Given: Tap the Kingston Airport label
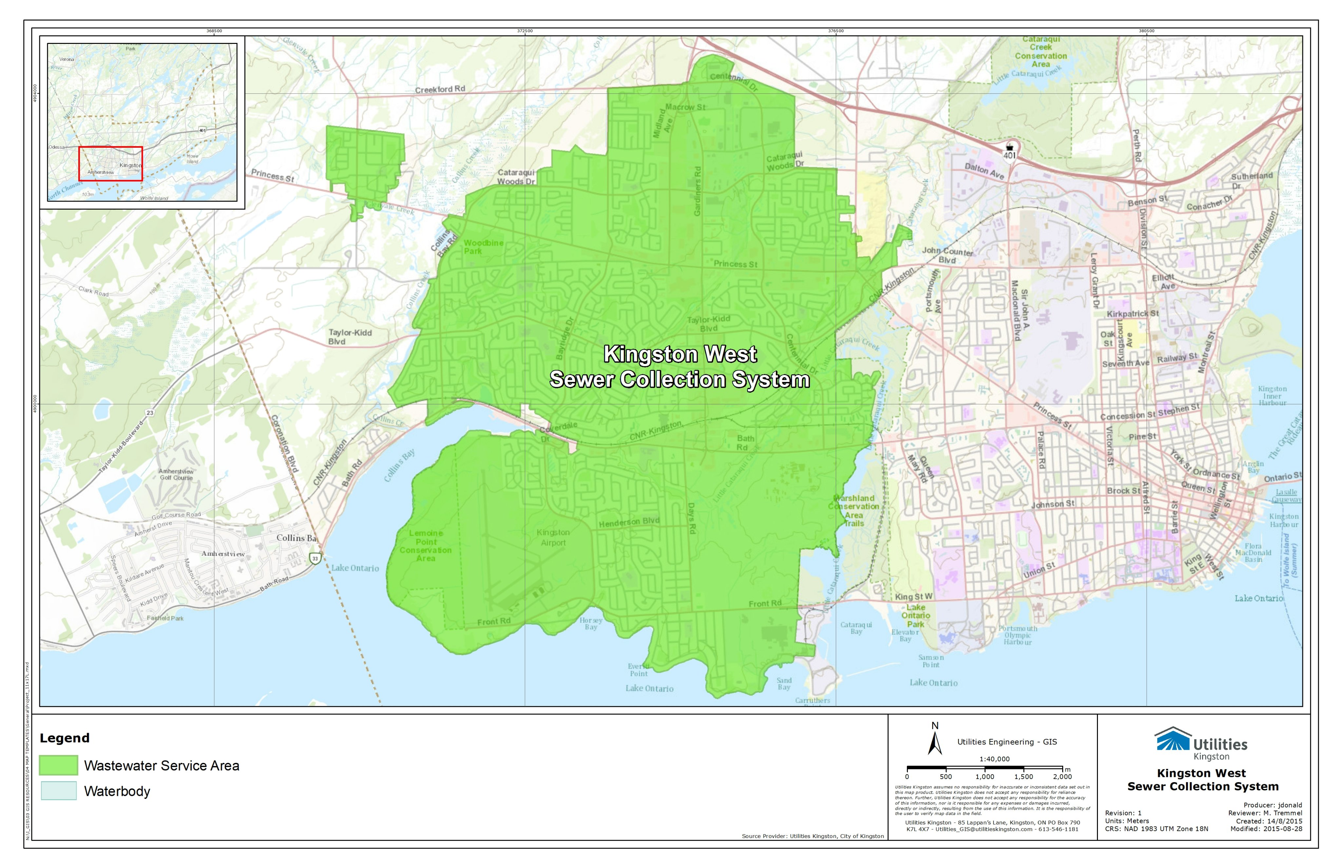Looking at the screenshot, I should (x=553, y=537).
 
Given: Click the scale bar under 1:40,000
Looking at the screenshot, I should (x=984, y=768).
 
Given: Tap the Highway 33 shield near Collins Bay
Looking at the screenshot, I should (x=315, y=558).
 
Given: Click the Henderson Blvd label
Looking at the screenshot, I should (x=628, y=522).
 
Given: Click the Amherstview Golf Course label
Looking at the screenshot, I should (x=176, y=474).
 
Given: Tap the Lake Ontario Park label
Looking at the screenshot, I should (x=915, y=615).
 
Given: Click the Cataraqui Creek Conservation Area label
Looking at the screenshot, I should (x=1041, y=52).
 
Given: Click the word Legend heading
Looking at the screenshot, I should (x=64, y=738).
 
